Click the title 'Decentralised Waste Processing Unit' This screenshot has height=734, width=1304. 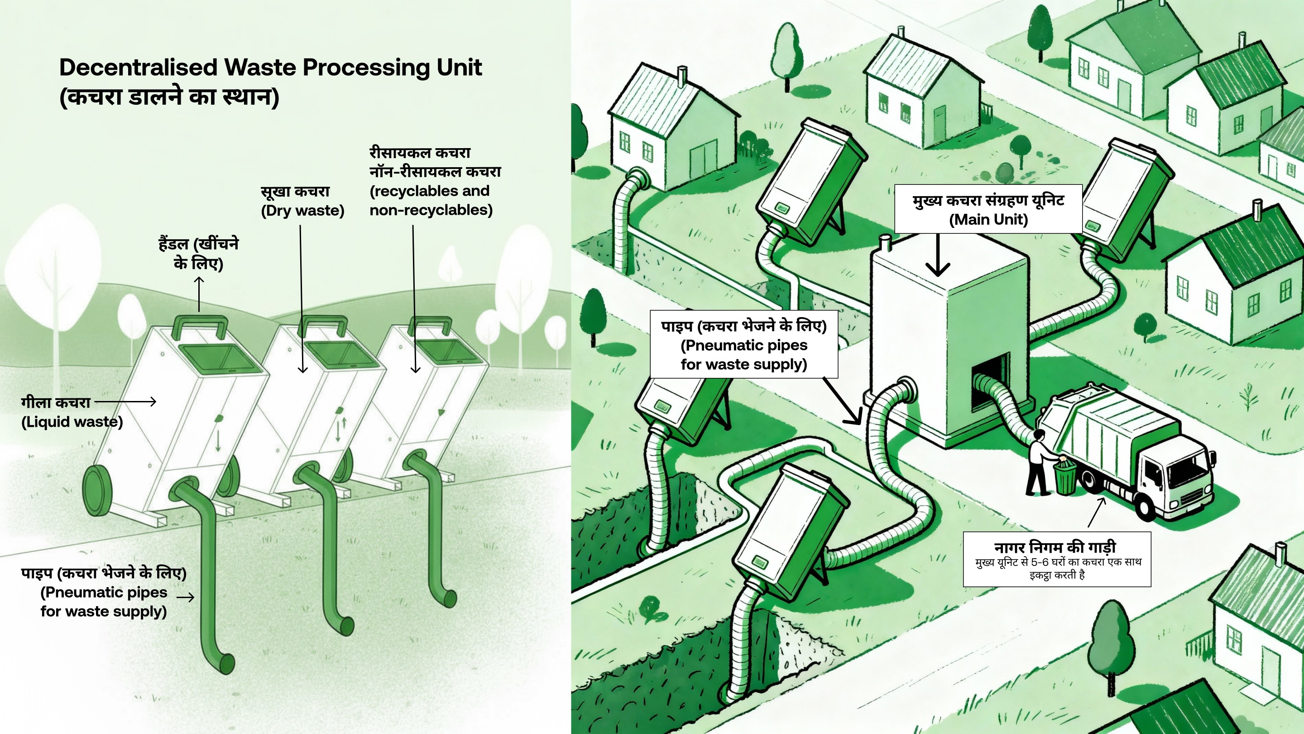(x=270, y=68)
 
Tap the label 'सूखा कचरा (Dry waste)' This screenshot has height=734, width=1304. (x=302, y=201)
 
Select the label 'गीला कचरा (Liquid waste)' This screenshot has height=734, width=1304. (x=72, y=412)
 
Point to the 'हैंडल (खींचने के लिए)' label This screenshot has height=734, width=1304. (x=198, y=254)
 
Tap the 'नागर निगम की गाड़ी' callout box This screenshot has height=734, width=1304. (x=1056, y=559)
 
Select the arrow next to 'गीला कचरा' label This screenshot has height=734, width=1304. (x=125, y=402)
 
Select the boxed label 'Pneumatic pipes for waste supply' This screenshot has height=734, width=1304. (x=743, y=344)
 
